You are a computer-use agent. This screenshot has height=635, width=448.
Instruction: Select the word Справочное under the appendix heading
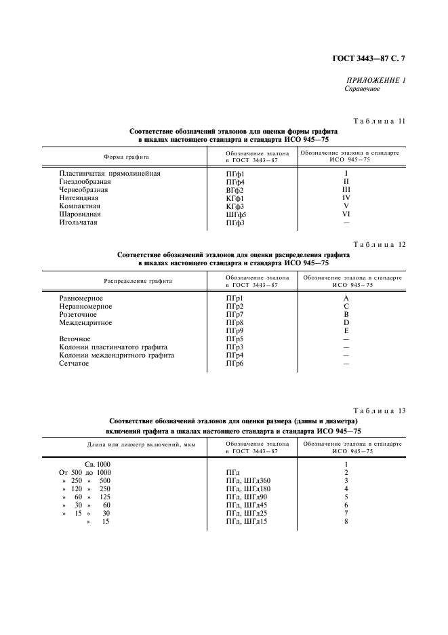click(362, 89)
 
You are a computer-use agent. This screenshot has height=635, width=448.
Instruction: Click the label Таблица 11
click(380, 121)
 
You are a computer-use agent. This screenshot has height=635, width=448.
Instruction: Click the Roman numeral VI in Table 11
click(346, 214)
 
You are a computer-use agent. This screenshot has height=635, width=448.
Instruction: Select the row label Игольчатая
click(78, 223)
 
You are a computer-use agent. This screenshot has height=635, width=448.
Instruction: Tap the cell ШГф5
click(236, 214)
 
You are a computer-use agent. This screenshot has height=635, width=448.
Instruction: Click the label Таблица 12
click(380, 245)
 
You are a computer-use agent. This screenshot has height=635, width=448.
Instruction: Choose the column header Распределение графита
click(138, 280)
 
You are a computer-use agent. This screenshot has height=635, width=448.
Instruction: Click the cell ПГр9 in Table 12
click(234, 331)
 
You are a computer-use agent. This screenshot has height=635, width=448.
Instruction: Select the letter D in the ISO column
click(346, 323)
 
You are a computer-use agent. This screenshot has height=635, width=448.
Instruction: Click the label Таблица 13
click(380, 410)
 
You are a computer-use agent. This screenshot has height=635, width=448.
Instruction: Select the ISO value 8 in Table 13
click(346, 521)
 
